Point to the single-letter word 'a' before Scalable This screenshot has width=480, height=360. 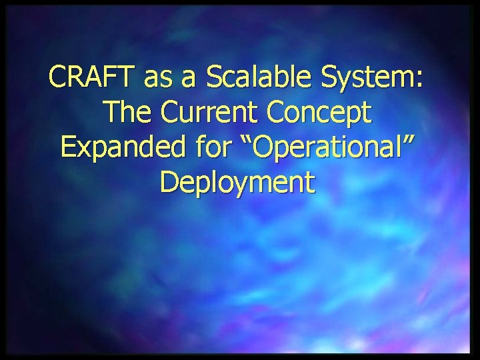coord(190,81)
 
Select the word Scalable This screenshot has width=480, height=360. coord(259,79)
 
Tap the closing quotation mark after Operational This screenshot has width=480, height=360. coord(413,139)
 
